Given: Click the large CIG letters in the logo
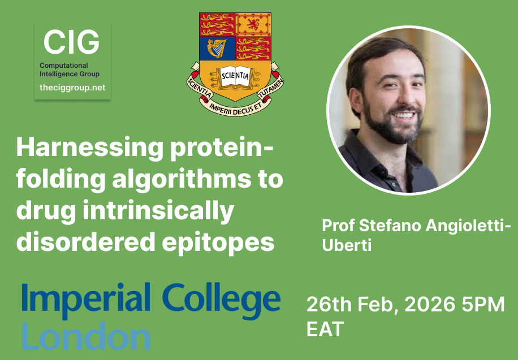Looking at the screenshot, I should [71, 42].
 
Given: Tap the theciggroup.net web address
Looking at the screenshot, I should [72, 88].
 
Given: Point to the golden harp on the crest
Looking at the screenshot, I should [217, 47].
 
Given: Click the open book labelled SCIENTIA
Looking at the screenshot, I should [235, 76].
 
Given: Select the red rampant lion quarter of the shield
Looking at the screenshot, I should [252, 24].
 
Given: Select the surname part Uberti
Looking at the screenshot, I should [347, 246].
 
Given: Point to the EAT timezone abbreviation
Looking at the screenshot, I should [325, 329].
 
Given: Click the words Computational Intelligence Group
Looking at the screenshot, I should [70, 70].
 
